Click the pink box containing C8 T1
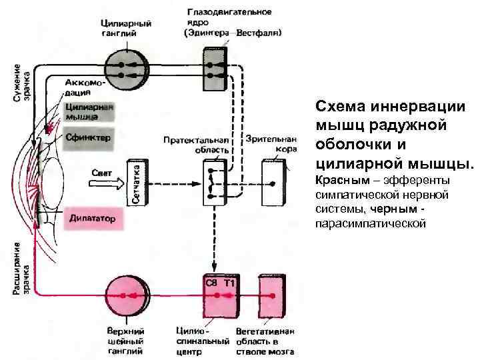(x=220, y=297)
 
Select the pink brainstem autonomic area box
(x=271, y=297)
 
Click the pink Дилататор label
(x=93, y=219)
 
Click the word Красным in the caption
(x=338, y=181)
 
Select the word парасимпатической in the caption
(x=369, y=223)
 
